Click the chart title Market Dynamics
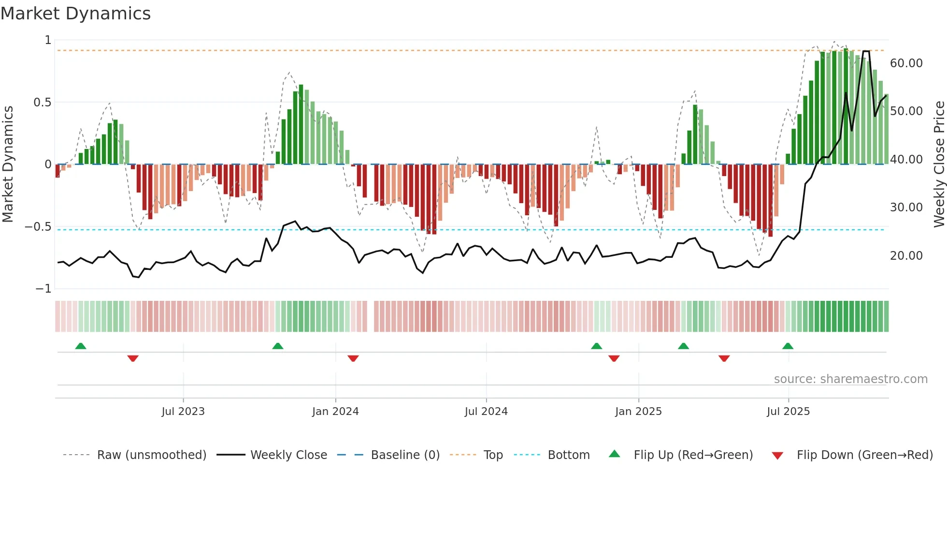tap(75, 14)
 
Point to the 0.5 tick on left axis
tap(42, 103)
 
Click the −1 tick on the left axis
tap(43, 289)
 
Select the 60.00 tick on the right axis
tap(906, 63)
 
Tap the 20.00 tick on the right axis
tap(906, 255)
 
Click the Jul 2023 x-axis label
tap(183, 412)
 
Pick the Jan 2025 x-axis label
tap(638, 412)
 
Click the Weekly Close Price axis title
tap(939, 164)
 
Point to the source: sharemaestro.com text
tap(850, 379)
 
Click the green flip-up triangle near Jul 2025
tap(788, 346)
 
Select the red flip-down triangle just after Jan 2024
tap(353, 358)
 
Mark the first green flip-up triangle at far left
tap(81, 346)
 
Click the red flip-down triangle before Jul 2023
tap(133, 358)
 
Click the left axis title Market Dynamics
tap(8, 164)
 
